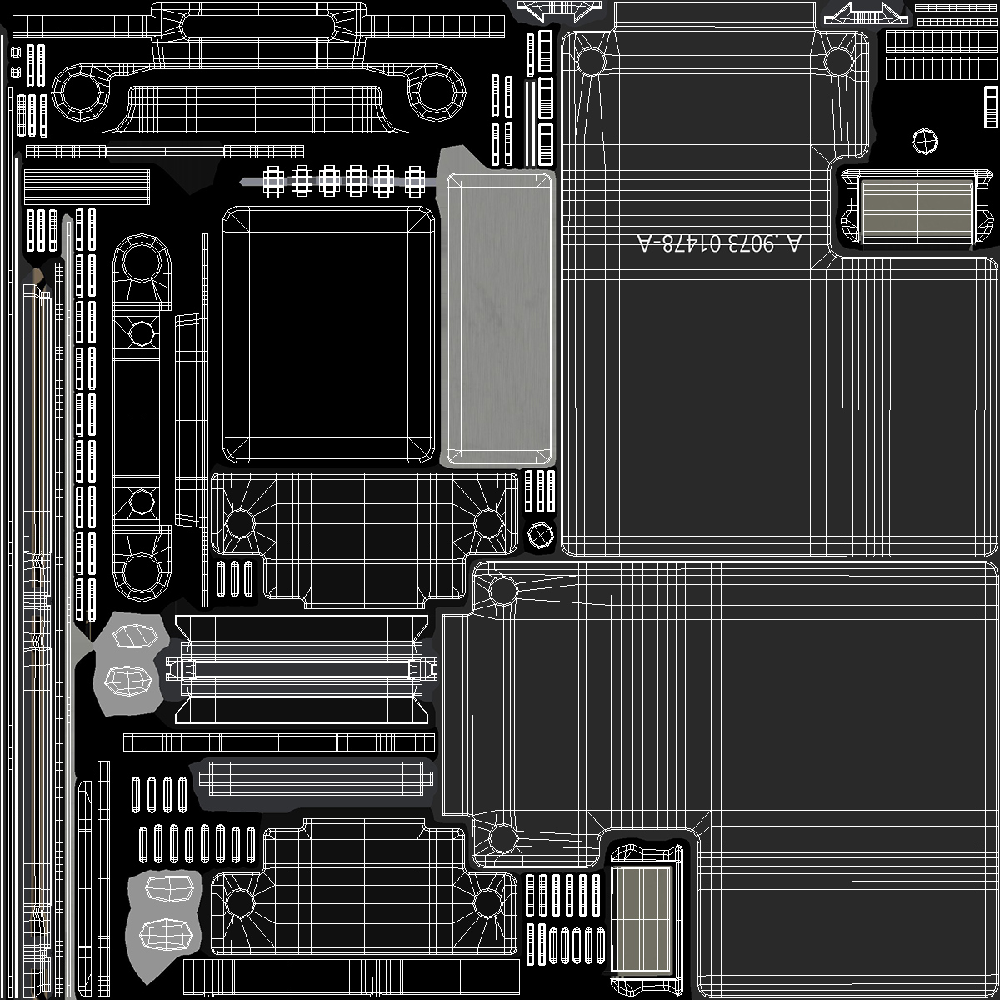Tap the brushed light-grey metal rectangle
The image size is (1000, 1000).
498,318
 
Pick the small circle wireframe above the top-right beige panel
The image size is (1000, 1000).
925,141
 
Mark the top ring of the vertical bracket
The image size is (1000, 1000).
142,263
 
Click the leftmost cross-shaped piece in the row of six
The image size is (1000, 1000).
274,180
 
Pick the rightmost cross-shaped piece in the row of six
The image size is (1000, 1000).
414,180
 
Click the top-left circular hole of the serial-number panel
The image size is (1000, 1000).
591,61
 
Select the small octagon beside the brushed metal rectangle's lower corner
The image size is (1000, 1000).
541,532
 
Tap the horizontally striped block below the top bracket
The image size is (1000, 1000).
87,187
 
